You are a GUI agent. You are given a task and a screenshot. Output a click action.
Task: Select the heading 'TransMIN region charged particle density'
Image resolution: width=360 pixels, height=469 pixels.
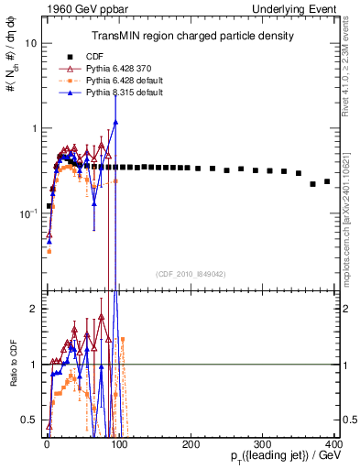click(x=191, y=36)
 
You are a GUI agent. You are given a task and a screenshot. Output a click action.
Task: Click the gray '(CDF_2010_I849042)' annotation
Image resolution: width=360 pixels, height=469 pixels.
click(x=191, y=272)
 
